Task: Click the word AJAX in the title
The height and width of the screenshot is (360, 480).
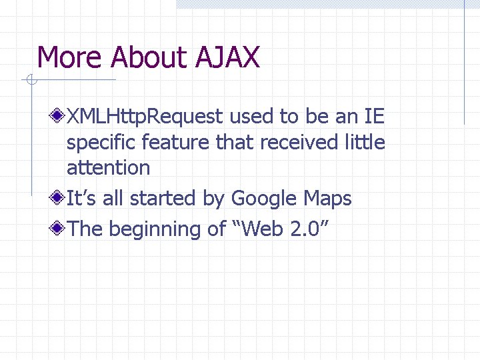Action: pyautogui.click(x=227, y=58)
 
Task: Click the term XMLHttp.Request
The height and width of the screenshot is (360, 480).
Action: pyautogui.click(x=145, y=117)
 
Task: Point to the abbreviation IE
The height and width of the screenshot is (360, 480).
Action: pyautogui.click(x=373, y=117)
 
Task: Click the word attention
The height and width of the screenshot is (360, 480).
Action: pyautogui.click(x=108, y=168)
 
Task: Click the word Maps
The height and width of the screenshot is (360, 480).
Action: pyautogui.click(x=327, y=199)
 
